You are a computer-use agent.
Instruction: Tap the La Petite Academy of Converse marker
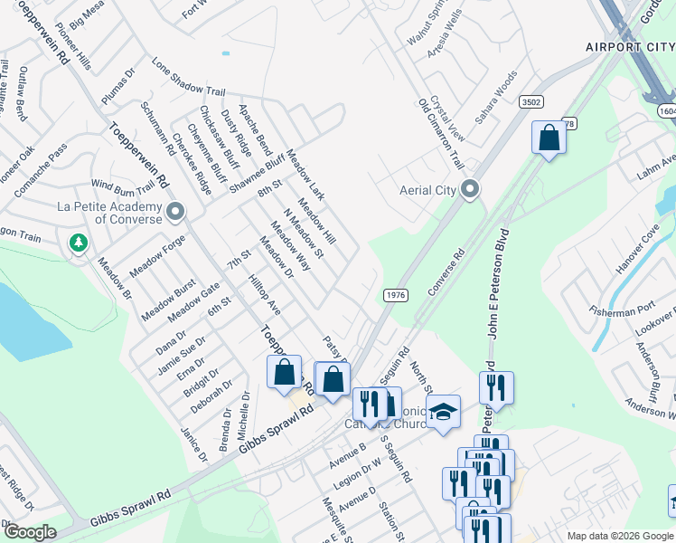click(175, 213)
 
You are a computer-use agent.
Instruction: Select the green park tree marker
click(79, 243)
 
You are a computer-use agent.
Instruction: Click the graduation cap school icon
click(443, 413)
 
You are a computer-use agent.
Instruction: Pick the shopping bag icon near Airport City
click(549, 138)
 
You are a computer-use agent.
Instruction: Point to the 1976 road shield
click(395, 295)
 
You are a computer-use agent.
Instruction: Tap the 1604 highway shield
click(663, 108)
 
